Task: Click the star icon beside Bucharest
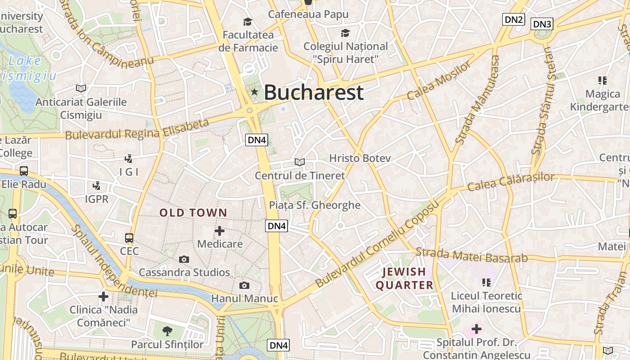click(255, 92)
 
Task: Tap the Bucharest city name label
click(313, 92)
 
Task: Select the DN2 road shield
click(514, 19)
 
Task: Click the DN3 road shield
click(542, 24)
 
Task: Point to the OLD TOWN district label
click(193, 213)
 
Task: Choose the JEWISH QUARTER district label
click(404, 278)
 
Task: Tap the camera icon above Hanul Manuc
click(244, 285)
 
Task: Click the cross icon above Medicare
click(220, 231)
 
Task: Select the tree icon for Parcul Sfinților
click(167, 331)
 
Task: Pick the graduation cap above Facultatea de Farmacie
click(247, 22)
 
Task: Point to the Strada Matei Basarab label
click(471, 255)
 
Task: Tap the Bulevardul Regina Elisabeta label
click(138, 129)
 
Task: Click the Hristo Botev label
click(360, 158)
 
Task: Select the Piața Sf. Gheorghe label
click(315, 205)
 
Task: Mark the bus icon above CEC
click(129, 238)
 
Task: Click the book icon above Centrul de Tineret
click(299, 162)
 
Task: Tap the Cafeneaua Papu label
click(308, 14)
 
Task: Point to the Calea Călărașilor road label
click(511, 181)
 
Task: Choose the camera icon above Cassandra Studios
click(184, 259)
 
